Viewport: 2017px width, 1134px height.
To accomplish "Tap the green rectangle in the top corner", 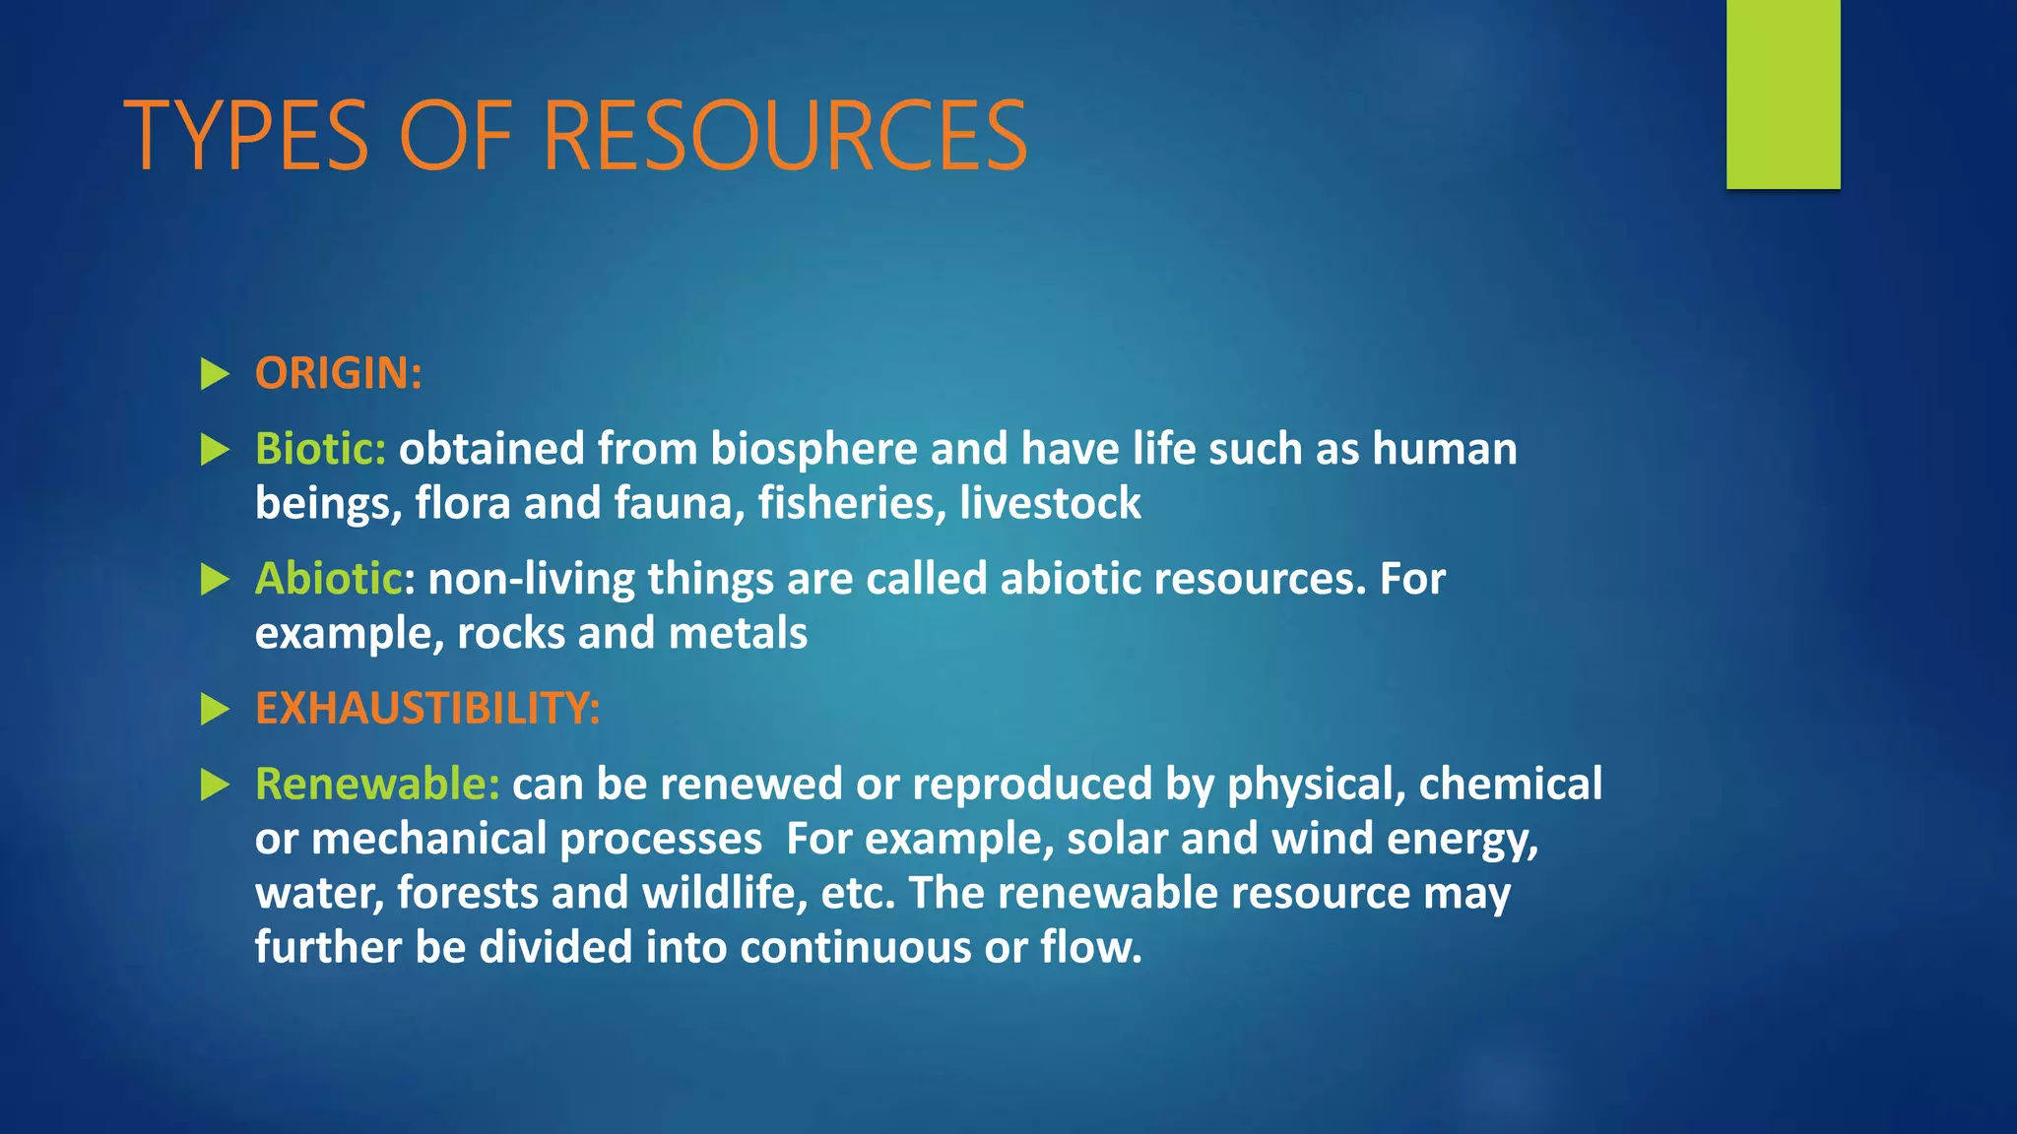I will pos(1783,94).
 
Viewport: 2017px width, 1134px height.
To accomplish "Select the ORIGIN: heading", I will pos(338,374).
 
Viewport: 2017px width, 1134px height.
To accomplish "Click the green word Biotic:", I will pos(320,449).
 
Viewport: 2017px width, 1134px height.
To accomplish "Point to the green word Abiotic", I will pos(328,579).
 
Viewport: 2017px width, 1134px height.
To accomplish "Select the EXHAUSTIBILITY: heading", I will pos(427,709).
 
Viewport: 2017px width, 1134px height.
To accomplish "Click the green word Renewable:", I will pos(377,785).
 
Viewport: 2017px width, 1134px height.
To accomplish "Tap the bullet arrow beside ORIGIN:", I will pos(215,374).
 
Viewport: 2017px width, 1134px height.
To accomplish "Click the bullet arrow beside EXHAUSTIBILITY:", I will pos(215,709).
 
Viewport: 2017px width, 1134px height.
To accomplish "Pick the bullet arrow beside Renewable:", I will pos(215,785).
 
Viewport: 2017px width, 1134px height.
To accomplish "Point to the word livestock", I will pos(1050,503).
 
